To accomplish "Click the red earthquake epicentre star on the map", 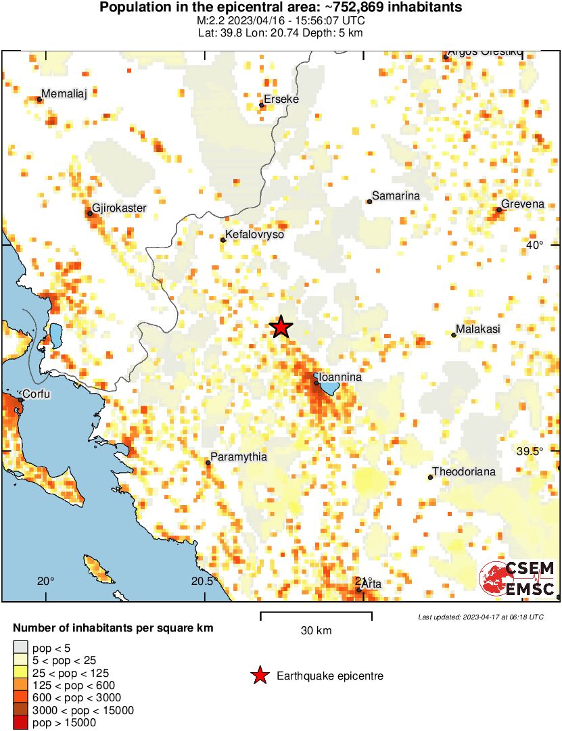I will pyautogui.click(x=281, y=327).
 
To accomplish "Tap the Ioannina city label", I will pyautogui.click(x=341, y=377).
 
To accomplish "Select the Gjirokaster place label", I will pyautogui.click(x=118, y=208).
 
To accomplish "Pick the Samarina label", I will pyautogui.click(x=396, y=196).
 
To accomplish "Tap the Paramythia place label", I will pyautogui.click(x=238, y=457).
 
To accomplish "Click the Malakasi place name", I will pyautogui.click(x=478, y=329).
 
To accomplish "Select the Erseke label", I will pyautogui.click(x=281, y=99).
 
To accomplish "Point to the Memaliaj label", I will pyautogui.click(x=64, y=94).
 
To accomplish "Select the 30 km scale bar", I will pyautogui.click(x=316, y=615).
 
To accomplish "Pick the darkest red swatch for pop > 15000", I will pyautogui.click(x=22, y=723).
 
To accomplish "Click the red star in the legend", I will pyautogui.click(x=258, y=676).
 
